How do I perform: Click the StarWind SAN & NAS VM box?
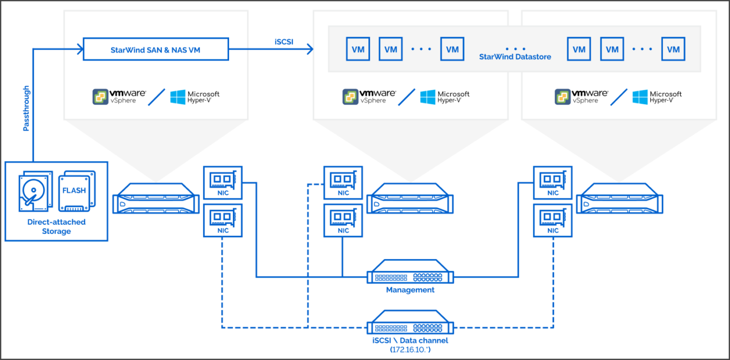coord(155,49)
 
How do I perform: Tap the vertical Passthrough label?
coord(26,108)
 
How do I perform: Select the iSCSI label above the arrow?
coord(284,41)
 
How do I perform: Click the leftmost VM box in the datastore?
coord(357,49)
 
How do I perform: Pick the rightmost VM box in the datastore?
coord(673,49)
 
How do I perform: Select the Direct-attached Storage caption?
coord(56,226)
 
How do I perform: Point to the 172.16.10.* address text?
coord(410,350)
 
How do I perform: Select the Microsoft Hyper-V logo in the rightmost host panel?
coord(657,97)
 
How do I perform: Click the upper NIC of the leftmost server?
coord(222,182)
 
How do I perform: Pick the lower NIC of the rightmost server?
coord(553,220)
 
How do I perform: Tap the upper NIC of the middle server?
coord(343,182)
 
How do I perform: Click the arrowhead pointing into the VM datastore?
coord(310,49)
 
